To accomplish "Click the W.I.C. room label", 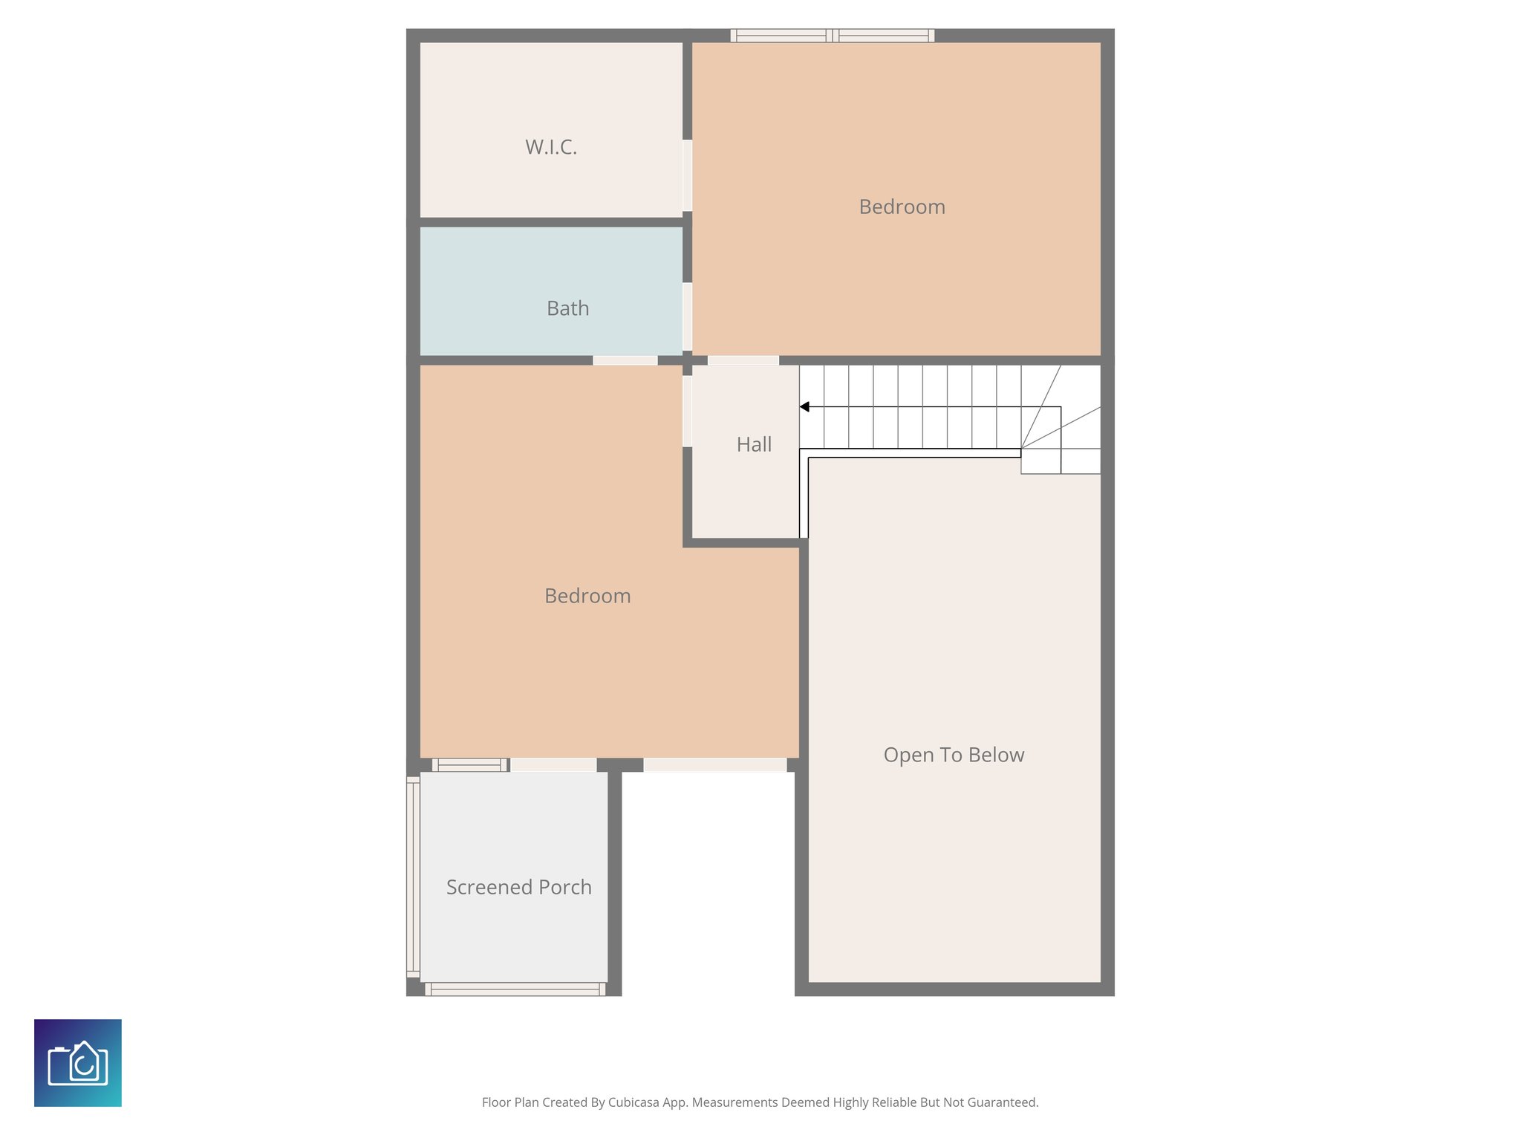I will [550, 147].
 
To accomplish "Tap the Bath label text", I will [567, 308].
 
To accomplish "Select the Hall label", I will [754, 444].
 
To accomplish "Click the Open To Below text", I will [954, 755].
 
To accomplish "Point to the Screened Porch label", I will [518, 887].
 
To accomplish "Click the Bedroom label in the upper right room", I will [902, 207].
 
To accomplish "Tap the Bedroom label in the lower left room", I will [587, 596].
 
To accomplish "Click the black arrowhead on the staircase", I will [804, 407].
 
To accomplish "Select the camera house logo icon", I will [78, 1063].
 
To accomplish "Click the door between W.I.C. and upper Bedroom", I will [688, 175].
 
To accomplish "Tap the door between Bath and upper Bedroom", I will [688, 316].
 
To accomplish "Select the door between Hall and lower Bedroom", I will [688, 411].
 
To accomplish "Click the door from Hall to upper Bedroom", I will [743, 360].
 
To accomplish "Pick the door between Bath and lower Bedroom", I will [625, 360].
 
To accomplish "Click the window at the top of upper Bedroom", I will [832, 35].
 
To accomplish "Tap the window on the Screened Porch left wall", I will [413, 877].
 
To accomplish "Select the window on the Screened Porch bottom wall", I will [515, 989].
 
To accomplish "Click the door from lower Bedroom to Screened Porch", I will [553, 765].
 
